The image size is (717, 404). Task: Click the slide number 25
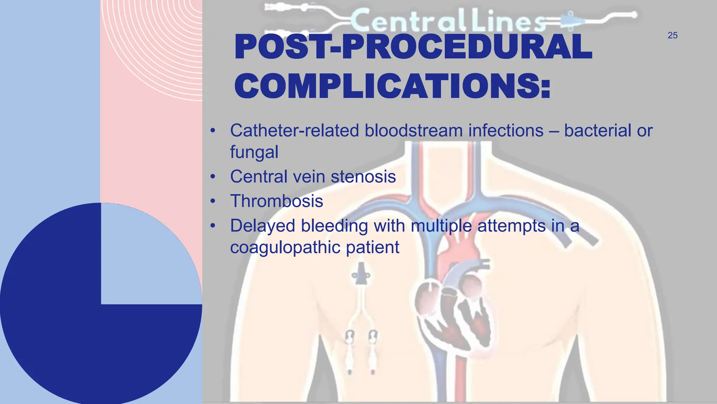672,35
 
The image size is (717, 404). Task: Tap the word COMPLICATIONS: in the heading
392,86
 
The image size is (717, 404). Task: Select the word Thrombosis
277,201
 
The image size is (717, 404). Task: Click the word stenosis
363,176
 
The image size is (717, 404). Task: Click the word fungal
254,153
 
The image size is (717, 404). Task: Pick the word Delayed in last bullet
263,226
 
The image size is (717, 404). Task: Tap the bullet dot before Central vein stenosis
213,177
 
